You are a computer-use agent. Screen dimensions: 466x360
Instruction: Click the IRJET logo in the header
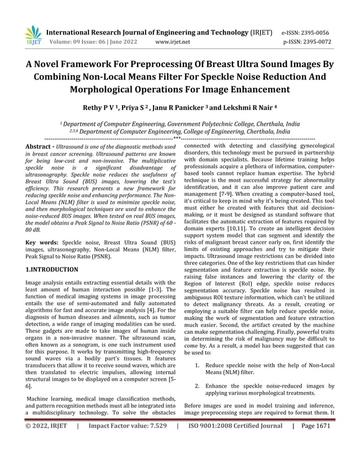pos(33,35)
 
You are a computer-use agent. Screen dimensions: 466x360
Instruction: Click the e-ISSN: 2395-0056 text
pos(310,32)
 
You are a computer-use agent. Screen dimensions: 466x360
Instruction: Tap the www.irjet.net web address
pos(172,41)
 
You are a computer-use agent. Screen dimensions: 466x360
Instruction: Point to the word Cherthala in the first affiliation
pos(269,123)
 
